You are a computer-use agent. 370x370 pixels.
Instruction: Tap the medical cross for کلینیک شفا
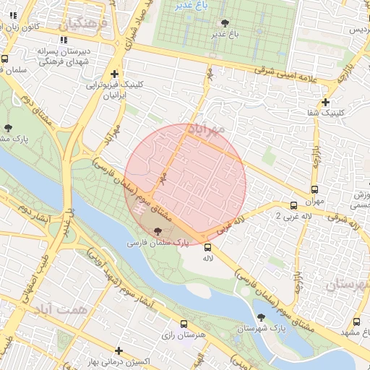326,102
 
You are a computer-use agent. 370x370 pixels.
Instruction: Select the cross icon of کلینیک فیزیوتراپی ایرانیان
114,74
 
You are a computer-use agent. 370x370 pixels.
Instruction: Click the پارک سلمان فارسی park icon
158,231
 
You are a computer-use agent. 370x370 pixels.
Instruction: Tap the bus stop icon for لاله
208,247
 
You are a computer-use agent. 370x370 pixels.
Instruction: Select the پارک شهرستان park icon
260,316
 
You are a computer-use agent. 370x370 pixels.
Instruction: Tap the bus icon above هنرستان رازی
184,324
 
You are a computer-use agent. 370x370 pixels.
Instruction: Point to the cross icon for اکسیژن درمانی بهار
119,350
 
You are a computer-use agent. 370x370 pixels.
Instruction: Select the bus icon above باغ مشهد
357,322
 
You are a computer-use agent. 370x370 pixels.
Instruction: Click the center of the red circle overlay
186,184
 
